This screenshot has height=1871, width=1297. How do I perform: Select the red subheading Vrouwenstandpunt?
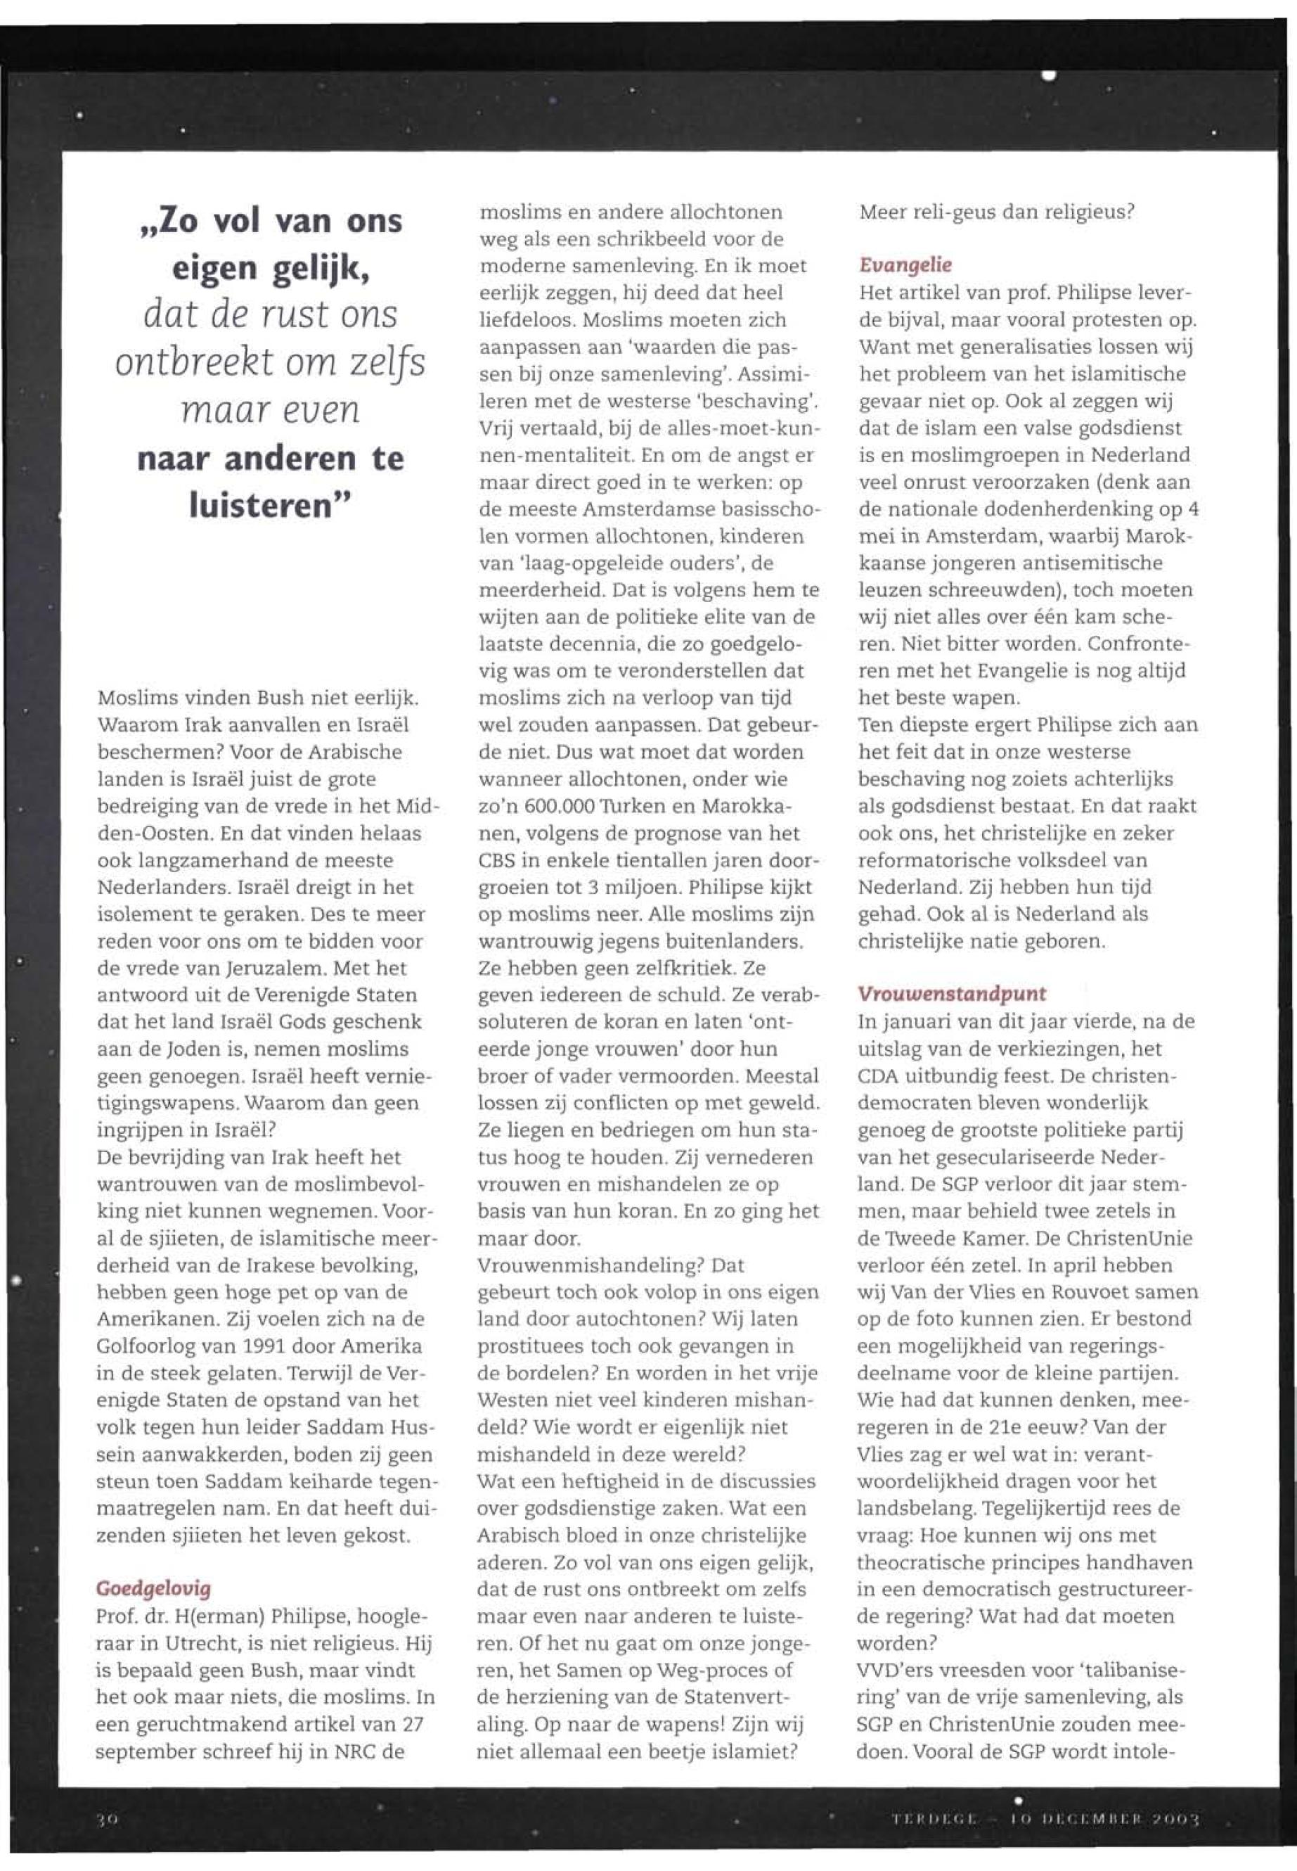pyautogui.click(x=952, y=994)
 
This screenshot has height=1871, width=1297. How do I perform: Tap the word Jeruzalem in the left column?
pyautogui.click(x=241, y=969)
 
